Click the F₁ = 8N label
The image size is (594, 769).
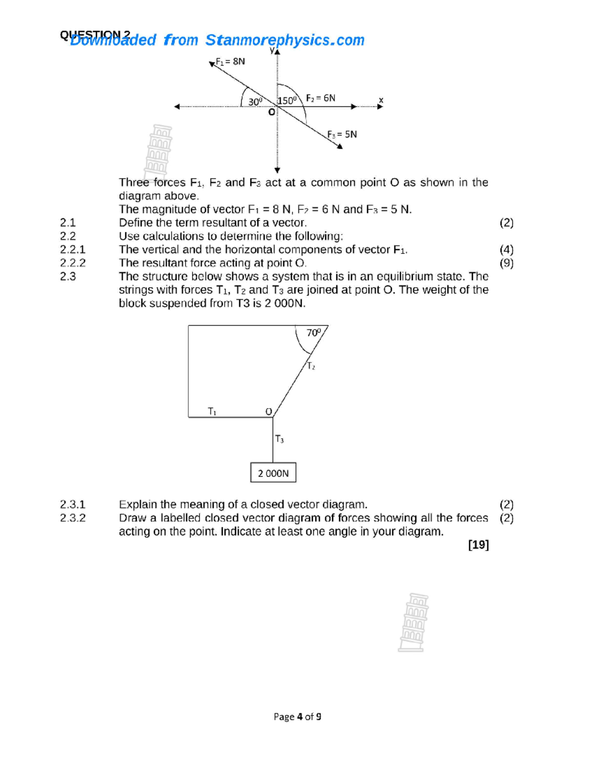pyautogui.click(x=230, y=61)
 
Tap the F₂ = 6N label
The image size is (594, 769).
pyautogui.click(x=320, y=98)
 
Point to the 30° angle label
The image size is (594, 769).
pyautogui.click(x=255, y=102)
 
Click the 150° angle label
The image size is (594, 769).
pyautogui.click(x=287, y=101)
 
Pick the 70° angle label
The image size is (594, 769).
pyautogui.click(x=314, y=333)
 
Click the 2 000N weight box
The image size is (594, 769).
pyautogui.click(x=273, y=473)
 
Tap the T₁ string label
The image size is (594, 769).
pyautogui.click(x=212, y=411)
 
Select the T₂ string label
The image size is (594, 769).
pyautogui.click(x=311, y=366)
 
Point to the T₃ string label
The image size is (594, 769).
pyautogui.click(x=279, y=439)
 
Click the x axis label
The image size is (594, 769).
pyautogui.click(x=381, y=100)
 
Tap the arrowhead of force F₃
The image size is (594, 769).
pyautogui.click(x=340, y=146)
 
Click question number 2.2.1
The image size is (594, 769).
pyautogui.click(x=73, y=250)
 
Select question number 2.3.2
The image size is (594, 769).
pyautogui.click(x=73, y=518)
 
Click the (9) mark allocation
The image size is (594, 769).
pyautogui.click(x=506, y=263)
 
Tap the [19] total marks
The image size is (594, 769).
pyautogui.click(x=478, y=545)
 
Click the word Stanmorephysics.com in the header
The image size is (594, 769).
pyautogui.click(x=285, y=40)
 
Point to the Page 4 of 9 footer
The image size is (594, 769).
pyautogui.click(x=297, y=717)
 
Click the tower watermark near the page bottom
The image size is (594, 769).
pyautogui.click(x=413, y=622)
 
